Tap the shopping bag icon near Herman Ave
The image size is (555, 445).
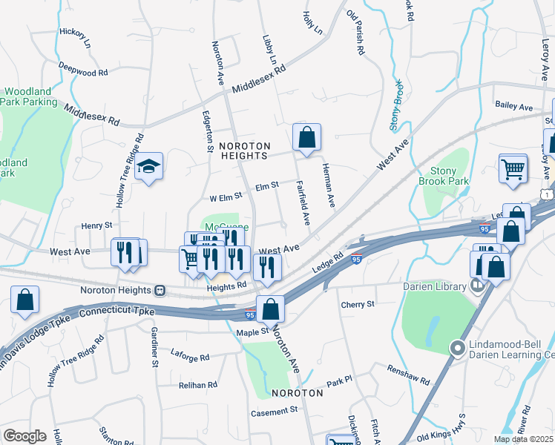pos(306,137)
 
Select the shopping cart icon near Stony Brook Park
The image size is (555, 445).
pos(513,168)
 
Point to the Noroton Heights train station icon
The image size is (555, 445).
pos(159,291)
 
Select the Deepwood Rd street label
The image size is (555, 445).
pos(84,69)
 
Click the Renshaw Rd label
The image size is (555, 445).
pos(408,375)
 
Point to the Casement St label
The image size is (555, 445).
pos(273,409)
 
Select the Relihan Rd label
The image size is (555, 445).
pos(197,385)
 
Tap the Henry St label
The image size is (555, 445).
pos(96,225)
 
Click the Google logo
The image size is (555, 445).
pos(24,436)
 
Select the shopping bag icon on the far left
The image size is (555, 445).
pos(24,300)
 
